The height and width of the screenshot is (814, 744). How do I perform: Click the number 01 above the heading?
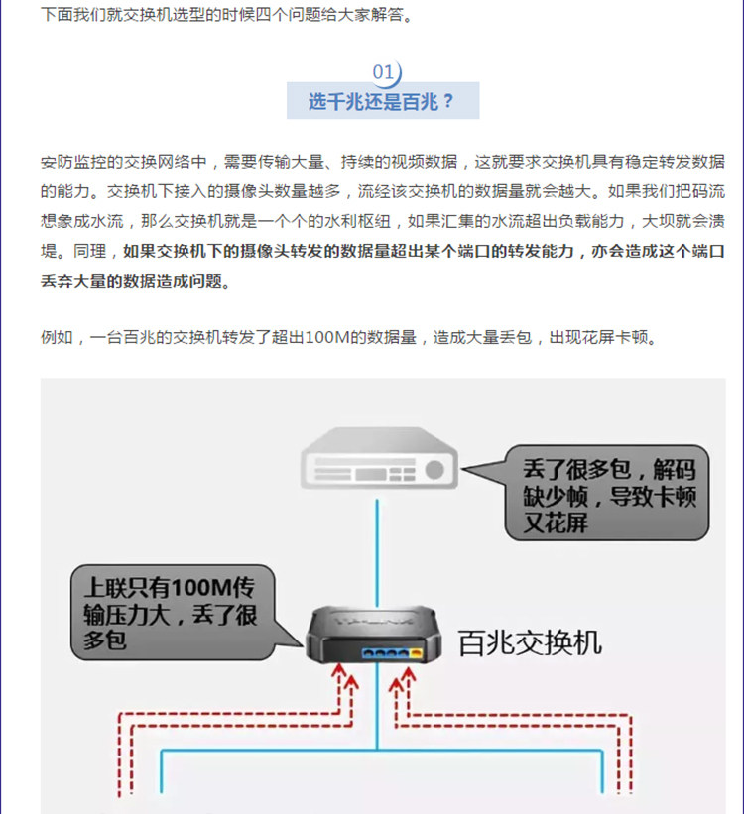383,71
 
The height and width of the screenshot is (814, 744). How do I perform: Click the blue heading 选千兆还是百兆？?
382,102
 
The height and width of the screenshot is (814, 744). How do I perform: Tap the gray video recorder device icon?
379,458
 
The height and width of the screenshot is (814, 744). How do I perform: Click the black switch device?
374,635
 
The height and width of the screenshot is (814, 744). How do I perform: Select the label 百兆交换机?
530,643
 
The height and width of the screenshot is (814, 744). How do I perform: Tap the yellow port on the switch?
416,653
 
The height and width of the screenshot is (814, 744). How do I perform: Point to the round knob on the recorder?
434,470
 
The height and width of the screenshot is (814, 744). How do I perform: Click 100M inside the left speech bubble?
200,588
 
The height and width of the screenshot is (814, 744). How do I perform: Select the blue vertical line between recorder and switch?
377,553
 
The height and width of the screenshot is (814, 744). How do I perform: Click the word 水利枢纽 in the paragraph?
357,222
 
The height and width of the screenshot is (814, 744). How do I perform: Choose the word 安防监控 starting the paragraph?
73,162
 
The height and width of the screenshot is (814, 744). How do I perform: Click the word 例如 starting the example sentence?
58,338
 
